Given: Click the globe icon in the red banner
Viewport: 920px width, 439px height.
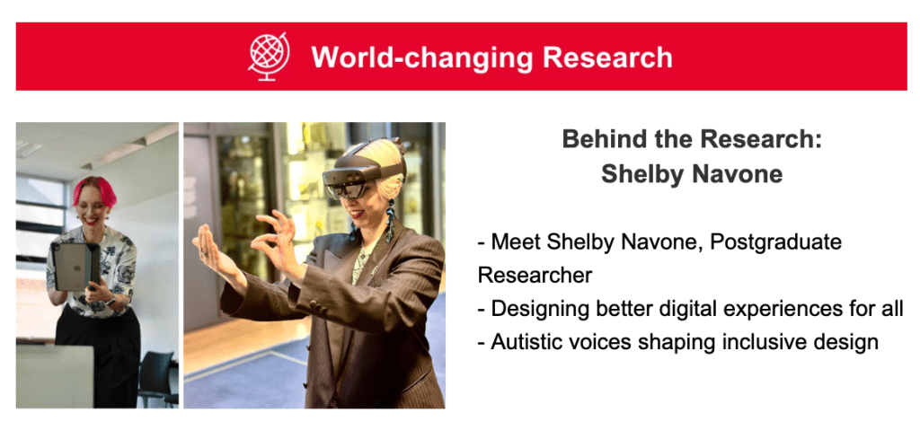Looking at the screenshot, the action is point(268,56).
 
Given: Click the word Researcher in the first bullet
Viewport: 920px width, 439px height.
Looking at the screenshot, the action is point(535,276).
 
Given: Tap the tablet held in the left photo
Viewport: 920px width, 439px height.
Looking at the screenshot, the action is point(75,266).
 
